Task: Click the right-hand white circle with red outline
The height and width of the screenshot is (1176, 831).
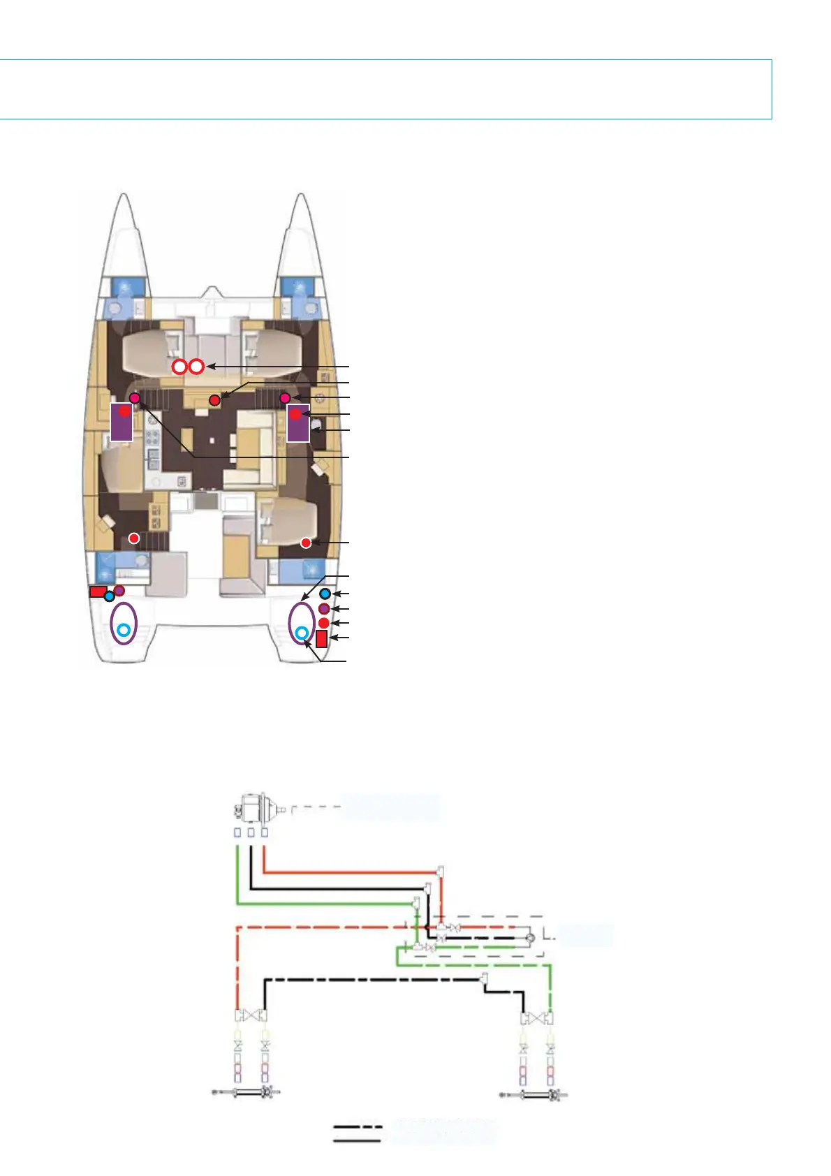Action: click(197, 366)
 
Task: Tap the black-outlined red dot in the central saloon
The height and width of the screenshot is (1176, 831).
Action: click(215, 400)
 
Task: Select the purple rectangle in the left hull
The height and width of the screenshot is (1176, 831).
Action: click(122, 422)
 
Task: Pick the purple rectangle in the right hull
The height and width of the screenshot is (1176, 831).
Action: click(298, 422)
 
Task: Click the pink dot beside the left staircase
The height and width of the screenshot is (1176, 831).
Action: click(135, 397)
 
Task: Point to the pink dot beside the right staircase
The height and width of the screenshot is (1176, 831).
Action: click(285, 398)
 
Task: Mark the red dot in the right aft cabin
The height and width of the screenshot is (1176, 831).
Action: click(306, 543)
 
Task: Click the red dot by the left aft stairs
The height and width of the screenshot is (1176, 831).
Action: click(134, 538)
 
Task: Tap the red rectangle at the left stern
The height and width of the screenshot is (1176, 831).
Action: click(98, 591)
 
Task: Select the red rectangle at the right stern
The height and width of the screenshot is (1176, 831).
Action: click(322, 638)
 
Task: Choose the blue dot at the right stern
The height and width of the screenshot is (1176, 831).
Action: click(325, 594)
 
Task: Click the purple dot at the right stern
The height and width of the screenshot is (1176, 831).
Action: click(324, 609)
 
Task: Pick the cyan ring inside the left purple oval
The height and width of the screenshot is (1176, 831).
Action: click(124, 630)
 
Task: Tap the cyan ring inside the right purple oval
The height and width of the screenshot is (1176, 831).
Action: click(301, 633)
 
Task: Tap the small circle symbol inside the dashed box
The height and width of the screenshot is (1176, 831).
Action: click(530, 937)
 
